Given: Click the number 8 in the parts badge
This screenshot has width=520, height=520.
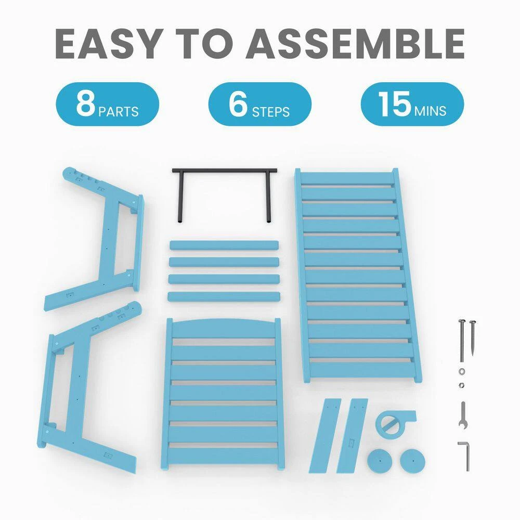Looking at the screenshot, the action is click(86, 103).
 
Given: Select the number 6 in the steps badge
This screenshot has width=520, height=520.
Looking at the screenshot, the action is click(238, 103).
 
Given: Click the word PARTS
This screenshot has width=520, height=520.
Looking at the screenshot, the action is click(119, 112).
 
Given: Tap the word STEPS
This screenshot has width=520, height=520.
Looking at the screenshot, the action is click(270, 112).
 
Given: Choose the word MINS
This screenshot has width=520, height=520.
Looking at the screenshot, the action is click(430, 111).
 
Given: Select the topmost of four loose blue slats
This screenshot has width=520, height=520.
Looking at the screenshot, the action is click(224, 245).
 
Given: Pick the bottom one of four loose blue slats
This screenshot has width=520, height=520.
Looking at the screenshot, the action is click(224, 296).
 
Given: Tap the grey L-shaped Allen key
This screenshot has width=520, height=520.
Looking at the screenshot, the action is click(466, 456).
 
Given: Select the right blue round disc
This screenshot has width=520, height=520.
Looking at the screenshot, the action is click(412, 461).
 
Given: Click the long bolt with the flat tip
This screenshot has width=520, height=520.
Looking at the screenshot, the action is click(461, 341).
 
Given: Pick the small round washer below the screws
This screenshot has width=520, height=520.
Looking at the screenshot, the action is click(462, 371).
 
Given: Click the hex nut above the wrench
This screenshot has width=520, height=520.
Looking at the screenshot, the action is click(462, 385).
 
